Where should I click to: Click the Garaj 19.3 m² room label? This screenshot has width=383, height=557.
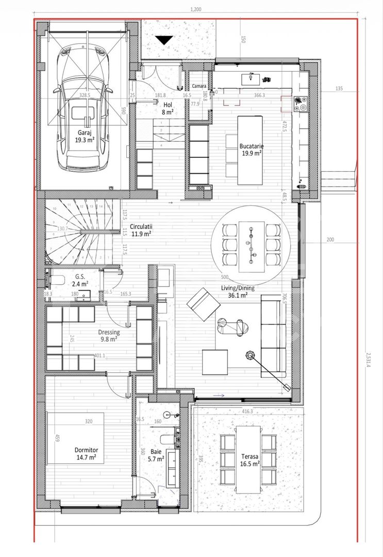tap(81, 135)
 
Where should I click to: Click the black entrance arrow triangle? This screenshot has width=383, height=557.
tap(164, 41)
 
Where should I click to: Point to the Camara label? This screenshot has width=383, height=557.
tap(199, 86)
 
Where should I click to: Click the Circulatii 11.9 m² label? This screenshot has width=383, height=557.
tap(141, 230)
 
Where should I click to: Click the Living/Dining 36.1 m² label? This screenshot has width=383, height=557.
tap(238, 291)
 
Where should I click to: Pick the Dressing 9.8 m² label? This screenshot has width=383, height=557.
tap(109, 336)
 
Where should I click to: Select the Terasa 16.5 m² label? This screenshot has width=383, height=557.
tap(250, 460)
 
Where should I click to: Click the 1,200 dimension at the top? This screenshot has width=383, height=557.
tap(195, 9)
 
